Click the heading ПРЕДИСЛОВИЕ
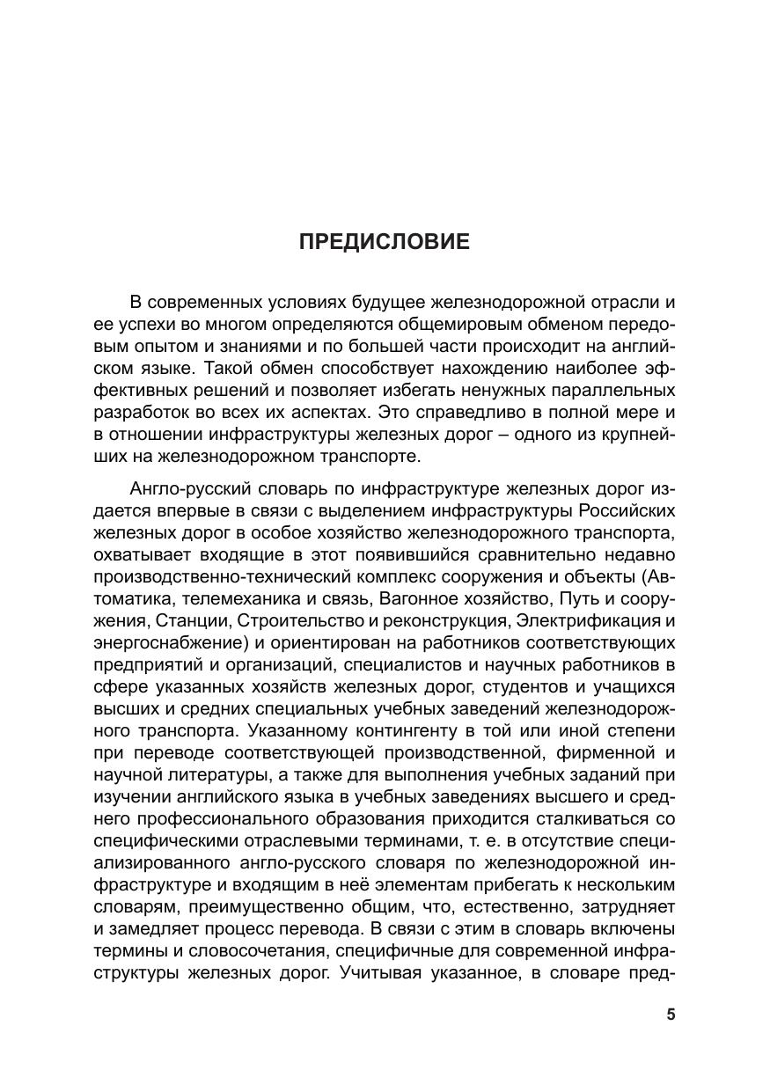pos(385,242)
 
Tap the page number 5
pos(671,1015)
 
